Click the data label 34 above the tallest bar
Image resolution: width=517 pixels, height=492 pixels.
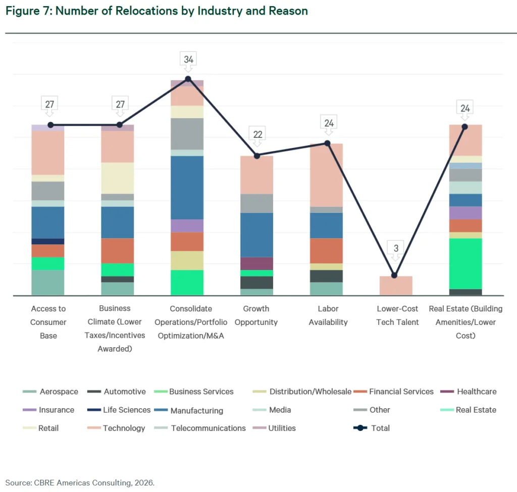coord(188,60)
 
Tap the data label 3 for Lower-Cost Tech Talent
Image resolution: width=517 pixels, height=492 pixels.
coord(396,248)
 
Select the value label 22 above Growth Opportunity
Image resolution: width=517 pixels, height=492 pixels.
coord(257,134)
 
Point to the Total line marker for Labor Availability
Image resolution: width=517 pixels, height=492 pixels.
coord(327,143)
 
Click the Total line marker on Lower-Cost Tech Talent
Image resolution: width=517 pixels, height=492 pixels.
coord(394,275)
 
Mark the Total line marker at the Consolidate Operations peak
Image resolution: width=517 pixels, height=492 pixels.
coord(188,79)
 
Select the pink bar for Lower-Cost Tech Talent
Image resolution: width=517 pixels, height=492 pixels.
coord(396,286)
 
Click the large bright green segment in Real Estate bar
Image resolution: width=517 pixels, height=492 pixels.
coord(465,263)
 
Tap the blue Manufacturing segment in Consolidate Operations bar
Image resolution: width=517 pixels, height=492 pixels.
coord(187,187)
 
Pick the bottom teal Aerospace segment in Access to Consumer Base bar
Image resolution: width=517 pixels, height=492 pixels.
coord(48,283)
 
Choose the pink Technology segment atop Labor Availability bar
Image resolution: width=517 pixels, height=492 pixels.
coord(326,175)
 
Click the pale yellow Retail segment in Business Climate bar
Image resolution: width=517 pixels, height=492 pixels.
coord(118,178)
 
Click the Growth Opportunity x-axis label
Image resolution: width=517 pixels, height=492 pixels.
coord(256,315)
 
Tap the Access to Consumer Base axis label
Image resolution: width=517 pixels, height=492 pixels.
coord(48,322)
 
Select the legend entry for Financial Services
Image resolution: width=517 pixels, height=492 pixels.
coord(401,392)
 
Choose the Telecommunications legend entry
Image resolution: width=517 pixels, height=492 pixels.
coord(208,428)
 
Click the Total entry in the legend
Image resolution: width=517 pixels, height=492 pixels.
coord(380,428)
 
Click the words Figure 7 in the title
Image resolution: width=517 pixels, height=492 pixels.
coord(28,11)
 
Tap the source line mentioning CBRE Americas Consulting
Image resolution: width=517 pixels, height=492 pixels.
coord(80,482)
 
